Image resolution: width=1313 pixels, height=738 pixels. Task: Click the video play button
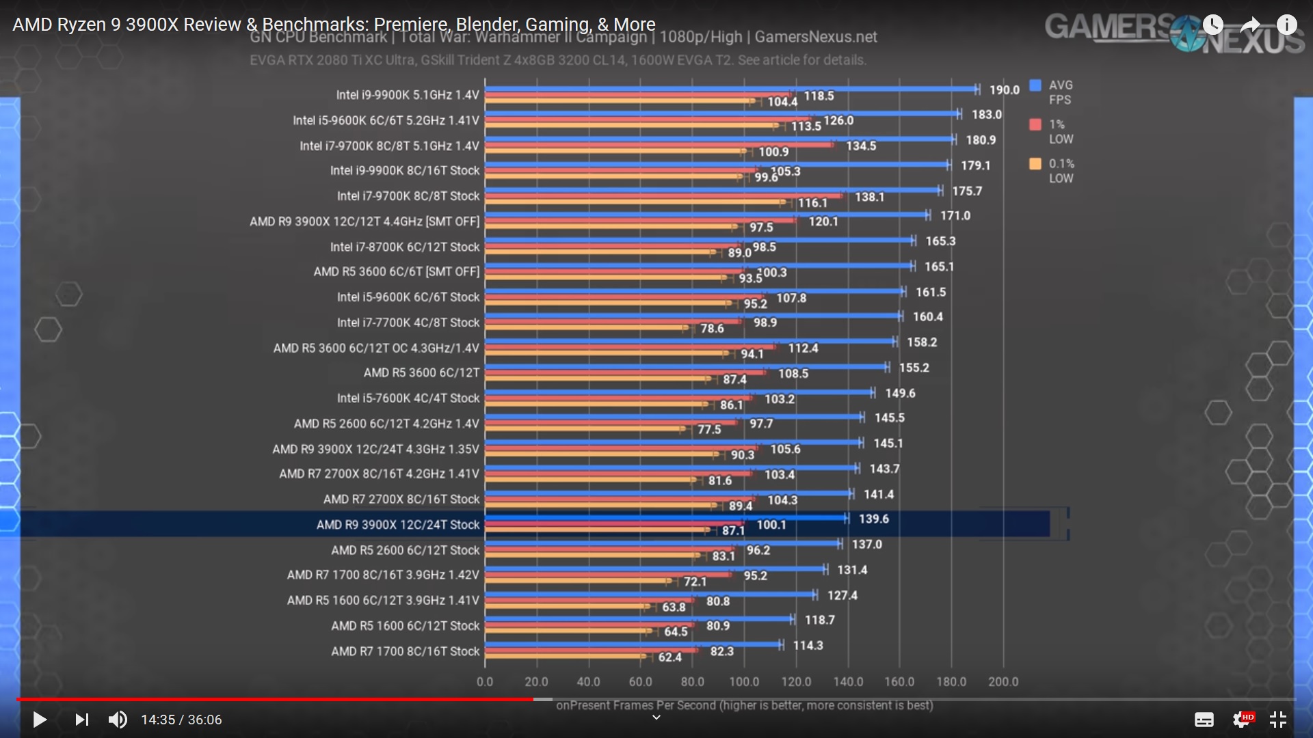click(x=40, y=720)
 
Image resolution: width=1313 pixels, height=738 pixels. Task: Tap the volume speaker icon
click(x=118, y=720)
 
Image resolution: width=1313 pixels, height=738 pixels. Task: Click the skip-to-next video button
click(x=81, y=720)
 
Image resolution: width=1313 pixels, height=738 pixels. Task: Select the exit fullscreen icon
click(x=1277, y=720)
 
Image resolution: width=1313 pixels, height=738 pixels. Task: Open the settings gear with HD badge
click(x=1242, y=720)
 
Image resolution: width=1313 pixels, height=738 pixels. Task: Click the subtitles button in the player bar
click(x=1204, y=720)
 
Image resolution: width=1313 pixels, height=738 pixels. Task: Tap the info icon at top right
click(x=1286, y=25)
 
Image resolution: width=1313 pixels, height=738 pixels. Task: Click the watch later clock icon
click(x=1212, y=25)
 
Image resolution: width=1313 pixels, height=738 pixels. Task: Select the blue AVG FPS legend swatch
click(x=1035, y=85)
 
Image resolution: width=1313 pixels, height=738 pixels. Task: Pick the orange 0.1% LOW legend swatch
click(x=1035, y=164)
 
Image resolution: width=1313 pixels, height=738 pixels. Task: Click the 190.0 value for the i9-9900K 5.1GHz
click(x=1004, y=90)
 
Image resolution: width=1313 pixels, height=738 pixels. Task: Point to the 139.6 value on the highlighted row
click(x=873, y=519)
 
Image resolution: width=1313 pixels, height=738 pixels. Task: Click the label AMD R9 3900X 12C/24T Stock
click(x=397, y=525)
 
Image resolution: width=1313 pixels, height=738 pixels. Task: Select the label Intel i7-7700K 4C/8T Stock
click(x=408, y=323)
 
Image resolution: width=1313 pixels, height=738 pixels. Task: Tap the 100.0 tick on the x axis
click(x=744, y=682)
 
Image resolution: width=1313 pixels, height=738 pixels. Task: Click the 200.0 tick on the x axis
click(x=1003, y=682)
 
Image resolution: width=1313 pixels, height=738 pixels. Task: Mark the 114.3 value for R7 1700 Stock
click(x=808, y=646)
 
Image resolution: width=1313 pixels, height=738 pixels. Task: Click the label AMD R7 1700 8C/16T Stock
click(x=405, y=651)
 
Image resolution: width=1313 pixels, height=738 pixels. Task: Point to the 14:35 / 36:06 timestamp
click(x=181, y=720)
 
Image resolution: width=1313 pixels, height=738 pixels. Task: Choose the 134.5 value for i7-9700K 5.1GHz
click(x=861, y=146)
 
